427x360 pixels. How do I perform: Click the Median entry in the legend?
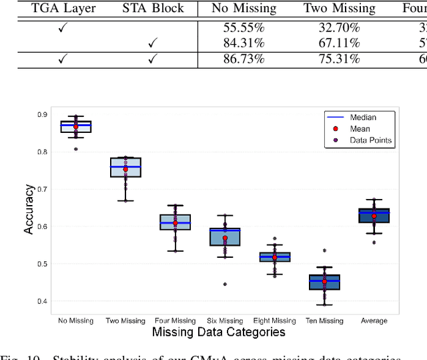pyautogui.click(x=362, y=118)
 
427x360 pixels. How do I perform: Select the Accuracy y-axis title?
pyautogui.click(x=29, y=210)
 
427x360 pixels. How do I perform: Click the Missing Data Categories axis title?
pyautogui.click(x=219, y=332)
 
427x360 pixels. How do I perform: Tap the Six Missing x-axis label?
pyautogui.click(x=225, y=321)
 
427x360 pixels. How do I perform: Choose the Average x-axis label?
pyautogui.click(x=374, y=321)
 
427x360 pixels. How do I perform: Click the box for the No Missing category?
pyautogui.click(x=76, y=127)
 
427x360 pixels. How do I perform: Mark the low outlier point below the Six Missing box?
pyautogui.click(x=225, y=285)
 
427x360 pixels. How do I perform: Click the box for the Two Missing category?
pyautogui.click(x=125, y=167)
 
